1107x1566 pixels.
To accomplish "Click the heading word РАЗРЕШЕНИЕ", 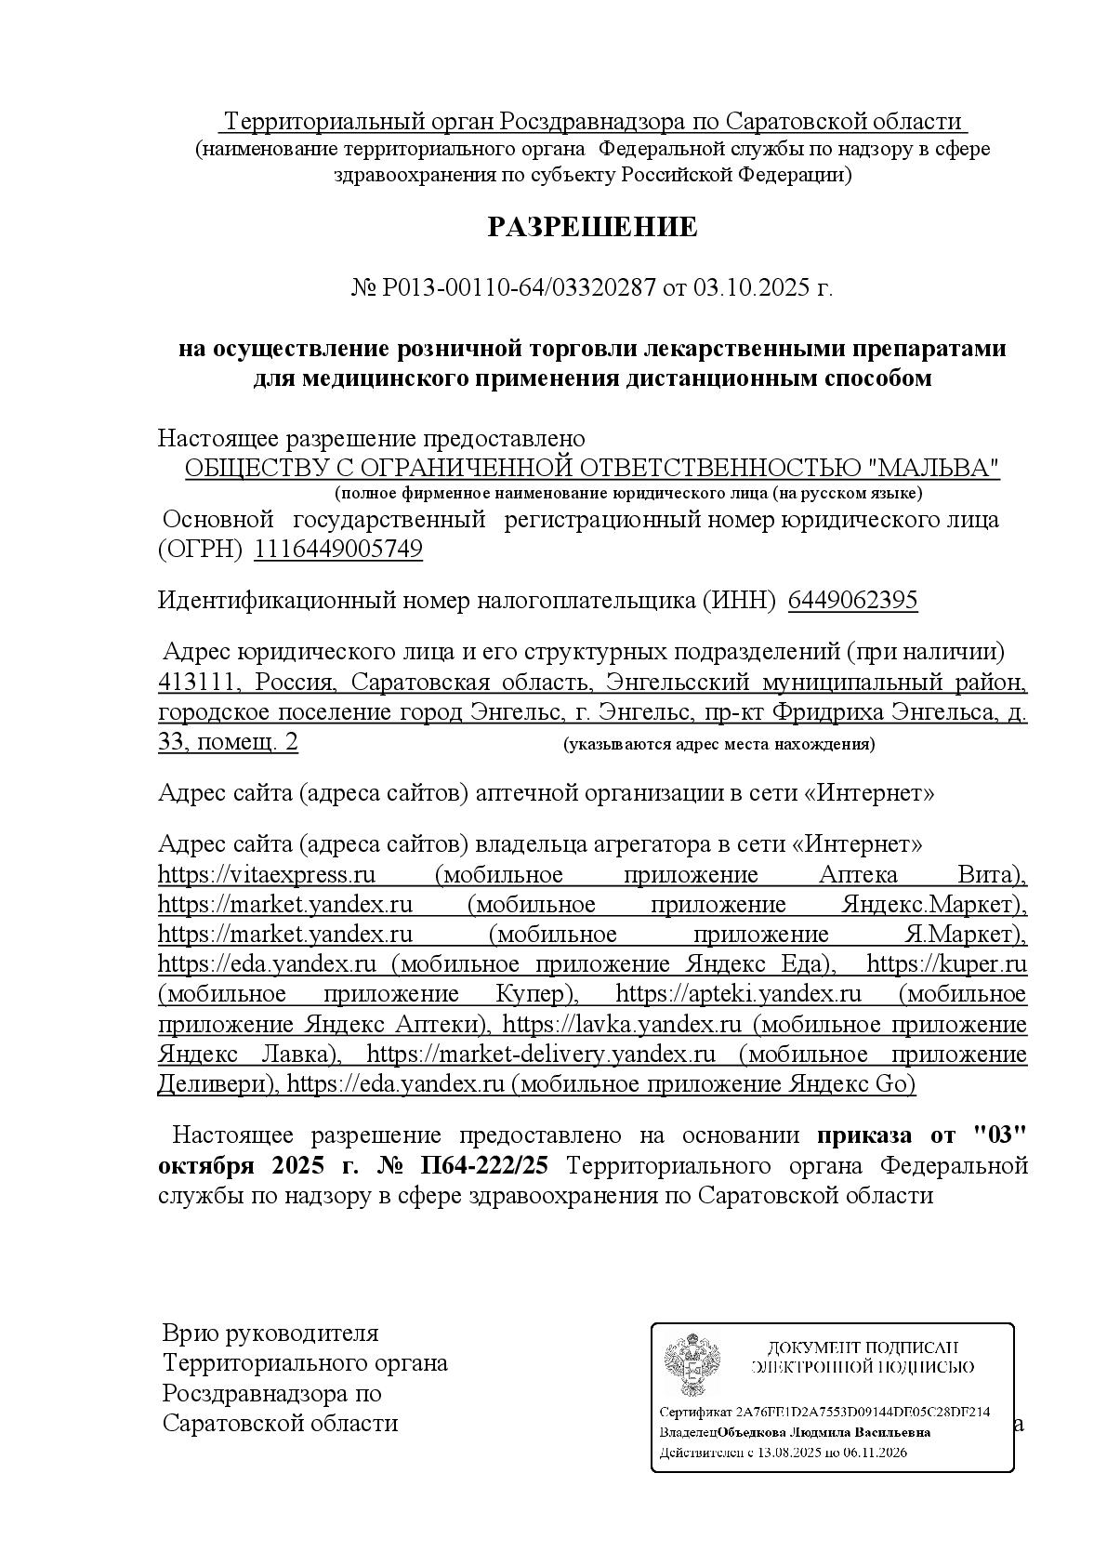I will click(592, 227).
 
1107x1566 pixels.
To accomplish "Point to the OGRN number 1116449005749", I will click(338, 550).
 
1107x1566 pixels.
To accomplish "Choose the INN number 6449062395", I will click(852, 600).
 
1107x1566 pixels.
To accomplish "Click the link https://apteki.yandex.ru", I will click(739, 994).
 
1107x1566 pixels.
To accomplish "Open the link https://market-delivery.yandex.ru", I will click(541, 1055).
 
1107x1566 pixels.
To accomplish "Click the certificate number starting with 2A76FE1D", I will click(863, 1412).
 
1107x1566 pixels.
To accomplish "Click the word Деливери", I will click(216, 1084).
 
